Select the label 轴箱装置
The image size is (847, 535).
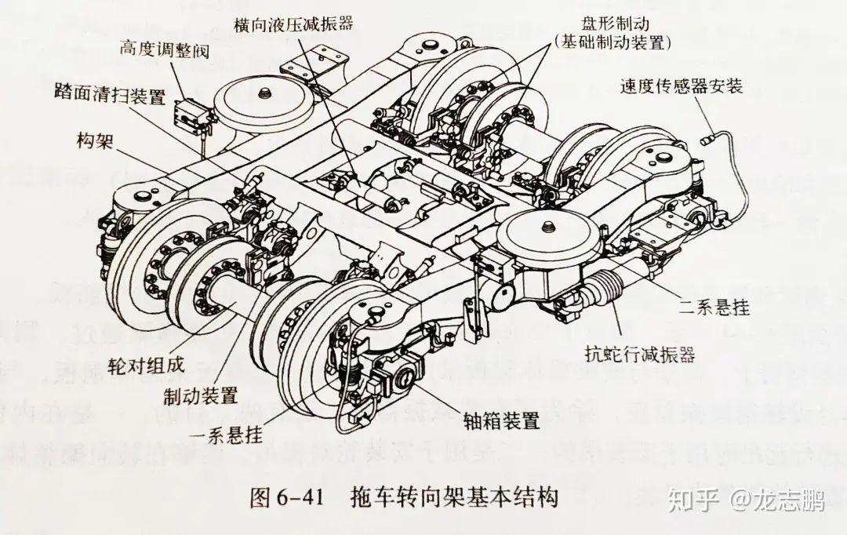[496, 421]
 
